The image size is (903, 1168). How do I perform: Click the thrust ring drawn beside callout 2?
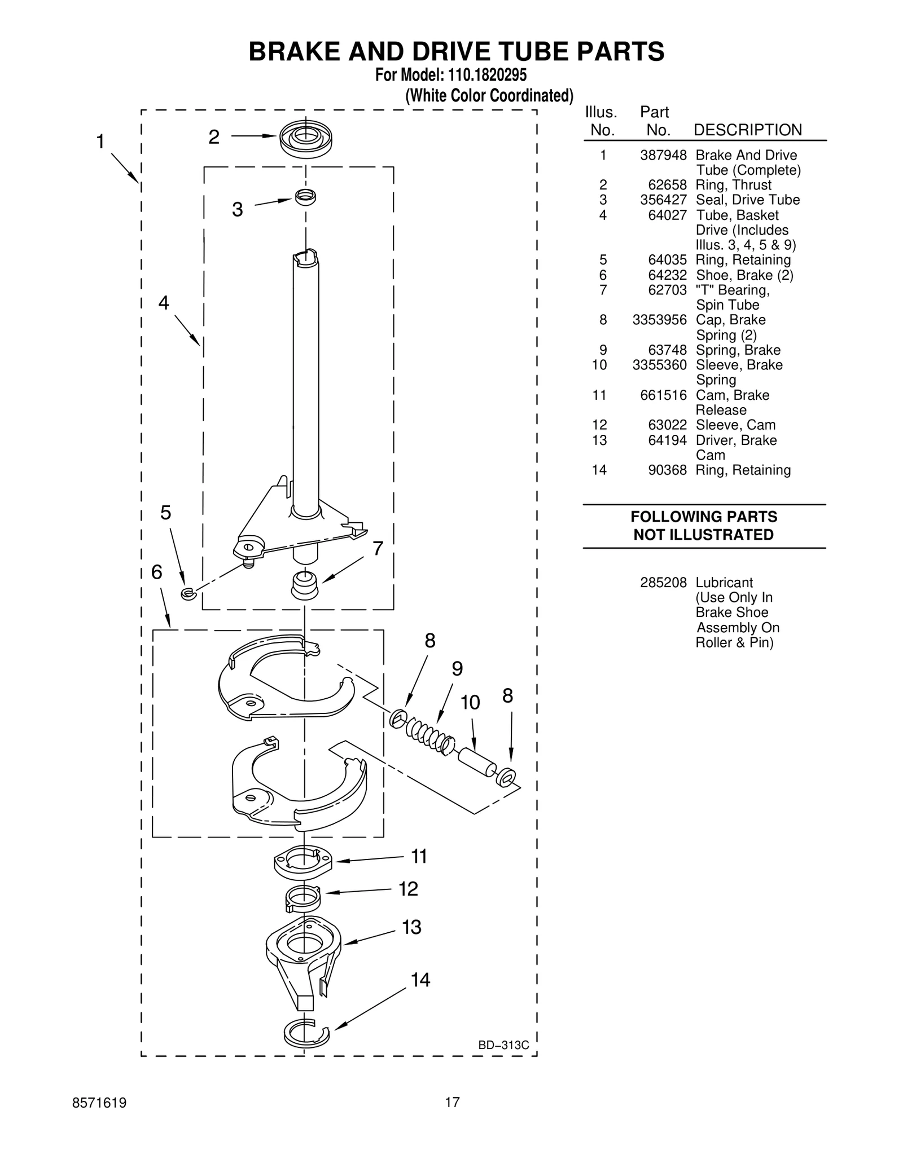pos(306,138)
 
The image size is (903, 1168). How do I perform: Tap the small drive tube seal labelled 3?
pos(305,197)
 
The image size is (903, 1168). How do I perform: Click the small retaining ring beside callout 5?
pos(188,593)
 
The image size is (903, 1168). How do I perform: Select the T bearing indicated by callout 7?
pos(305,585)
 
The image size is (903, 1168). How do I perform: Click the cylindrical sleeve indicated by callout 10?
pos(477,762)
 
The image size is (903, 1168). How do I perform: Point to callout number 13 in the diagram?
pos(411,927)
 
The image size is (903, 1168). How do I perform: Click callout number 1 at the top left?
pos(100,142)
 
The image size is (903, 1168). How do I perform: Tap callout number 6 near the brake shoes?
pos(156,572)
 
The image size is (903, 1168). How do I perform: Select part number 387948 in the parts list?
pos(663,155)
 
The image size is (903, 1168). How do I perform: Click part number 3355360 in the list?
pos(659,365)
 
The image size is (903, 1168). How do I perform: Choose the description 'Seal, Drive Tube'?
pos(747,200)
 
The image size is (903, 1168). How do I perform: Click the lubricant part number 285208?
pos(663,583)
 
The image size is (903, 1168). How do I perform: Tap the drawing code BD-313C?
pos(503,1045)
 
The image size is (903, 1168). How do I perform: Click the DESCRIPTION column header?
pos(747,130)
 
